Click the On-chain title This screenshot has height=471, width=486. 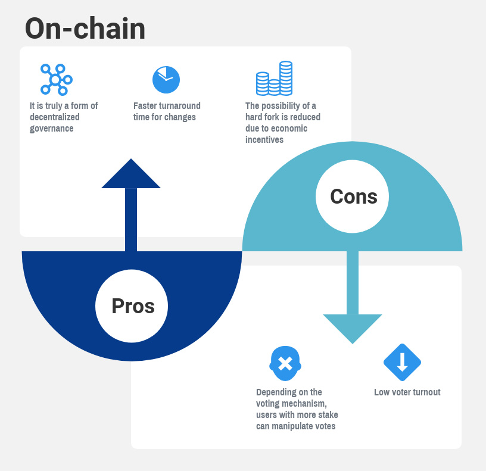click(x=85, y=29)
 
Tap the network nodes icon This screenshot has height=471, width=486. click(x=57, y=80)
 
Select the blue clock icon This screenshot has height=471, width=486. click(x=166, y=80)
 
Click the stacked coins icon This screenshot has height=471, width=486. click(x=275, y=78)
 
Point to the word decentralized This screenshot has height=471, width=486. click(x=55, y=117)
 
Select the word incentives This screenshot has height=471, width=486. click(x=264, y=140)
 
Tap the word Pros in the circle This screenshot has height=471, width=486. click(x=133, y=306)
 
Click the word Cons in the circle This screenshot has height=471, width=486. click(x=354, y=196)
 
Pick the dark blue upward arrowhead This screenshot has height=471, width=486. click(x=131, y=173)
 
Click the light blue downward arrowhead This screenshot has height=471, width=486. click(x=353, y=329)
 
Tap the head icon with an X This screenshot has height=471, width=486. click(x=285, y=363)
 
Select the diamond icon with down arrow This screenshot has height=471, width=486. click(x=402, y=362)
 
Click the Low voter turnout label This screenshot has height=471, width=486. click(x=407, y=392)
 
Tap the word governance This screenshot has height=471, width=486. click(x=52, y=129)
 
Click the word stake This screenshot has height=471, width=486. click(x=328, y=415)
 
